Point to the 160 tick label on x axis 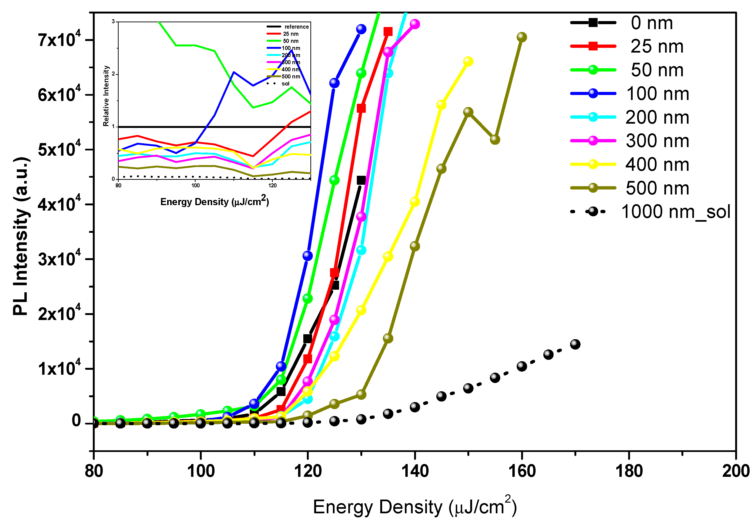click(522, 471)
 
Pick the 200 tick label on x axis click(736, 471)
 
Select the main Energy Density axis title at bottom click(415, 507)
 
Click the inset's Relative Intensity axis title click(106, 96)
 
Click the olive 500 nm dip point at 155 click(495, 140)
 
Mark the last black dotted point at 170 click(575, 344)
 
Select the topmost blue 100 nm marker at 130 click(361, 29)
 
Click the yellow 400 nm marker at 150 click(468, 61)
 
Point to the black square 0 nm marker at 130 click(361, 180)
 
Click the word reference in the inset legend click(296, 27)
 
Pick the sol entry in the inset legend click(286, 84)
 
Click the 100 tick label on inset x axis click(196, 185)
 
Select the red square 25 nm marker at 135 click(388, 32)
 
